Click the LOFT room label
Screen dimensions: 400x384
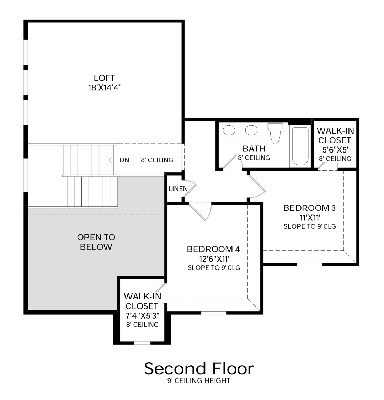click(x=104, y=78)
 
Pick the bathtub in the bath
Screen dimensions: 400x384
click(x=300, y=146)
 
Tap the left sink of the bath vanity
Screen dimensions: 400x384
click(x=229, y=130)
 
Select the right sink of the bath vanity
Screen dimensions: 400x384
click(x=251, y=130)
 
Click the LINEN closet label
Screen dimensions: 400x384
click(x=178, y=188)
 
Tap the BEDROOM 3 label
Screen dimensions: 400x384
click(x=309, y=208)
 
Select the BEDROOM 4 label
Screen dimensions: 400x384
click(x=213, y=249)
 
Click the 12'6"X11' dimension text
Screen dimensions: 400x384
click(x=213, y=259)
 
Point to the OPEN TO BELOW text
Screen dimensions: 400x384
click(x=96, y=242)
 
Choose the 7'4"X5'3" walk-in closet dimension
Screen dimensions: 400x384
click(x=142, y=315)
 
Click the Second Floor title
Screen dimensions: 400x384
click(x=199, y=369)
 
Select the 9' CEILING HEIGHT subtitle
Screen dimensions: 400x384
click(x=199, y=381)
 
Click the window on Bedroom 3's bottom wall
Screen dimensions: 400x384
click(x=309, y=264)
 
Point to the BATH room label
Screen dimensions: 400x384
click(x=254, y=149)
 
